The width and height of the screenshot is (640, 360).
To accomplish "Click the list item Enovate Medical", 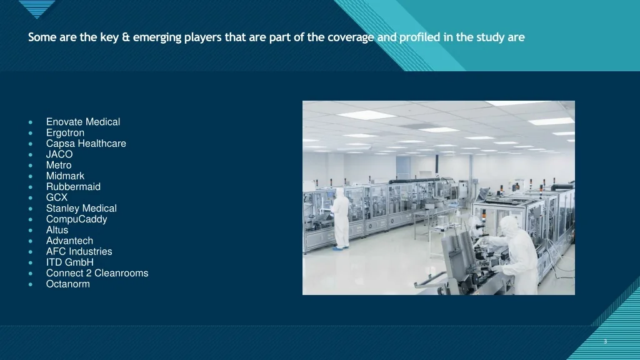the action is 83,122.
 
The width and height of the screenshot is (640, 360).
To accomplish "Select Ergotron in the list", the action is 65,132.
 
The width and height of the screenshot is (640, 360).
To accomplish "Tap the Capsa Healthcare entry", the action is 86,144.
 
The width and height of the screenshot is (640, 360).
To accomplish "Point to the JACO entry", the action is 59,154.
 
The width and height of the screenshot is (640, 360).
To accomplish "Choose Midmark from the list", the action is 65,176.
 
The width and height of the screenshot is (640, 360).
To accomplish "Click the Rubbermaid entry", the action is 74,186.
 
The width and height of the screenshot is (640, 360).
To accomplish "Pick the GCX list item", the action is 57,197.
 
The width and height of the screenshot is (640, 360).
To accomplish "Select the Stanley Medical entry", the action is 81,208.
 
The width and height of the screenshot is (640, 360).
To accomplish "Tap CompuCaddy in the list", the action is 77,219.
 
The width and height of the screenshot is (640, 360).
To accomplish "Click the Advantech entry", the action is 69,241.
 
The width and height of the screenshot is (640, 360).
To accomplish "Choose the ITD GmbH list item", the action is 70,262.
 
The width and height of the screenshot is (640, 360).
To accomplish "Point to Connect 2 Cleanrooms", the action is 97,273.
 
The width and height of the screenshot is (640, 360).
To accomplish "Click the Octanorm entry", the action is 67,284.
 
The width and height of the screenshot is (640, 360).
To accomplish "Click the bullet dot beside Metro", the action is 31,165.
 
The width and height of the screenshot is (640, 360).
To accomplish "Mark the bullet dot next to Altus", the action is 31,230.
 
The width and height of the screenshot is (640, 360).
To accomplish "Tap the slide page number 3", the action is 605,341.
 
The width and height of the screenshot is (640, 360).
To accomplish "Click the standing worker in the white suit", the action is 341,218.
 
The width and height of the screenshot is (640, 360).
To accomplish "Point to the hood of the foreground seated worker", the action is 509,225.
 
